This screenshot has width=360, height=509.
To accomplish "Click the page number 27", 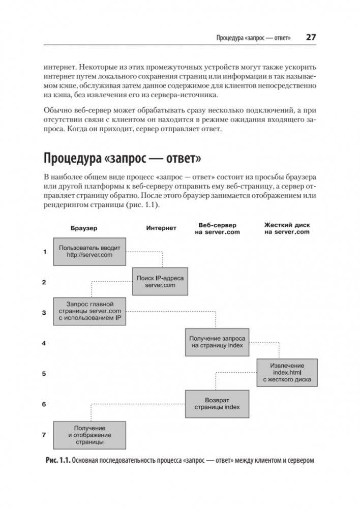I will [x=311, y=38].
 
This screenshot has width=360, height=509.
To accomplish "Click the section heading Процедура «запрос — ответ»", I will [x=123, y=159].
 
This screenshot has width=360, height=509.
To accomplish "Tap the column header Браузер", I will [x=84, y=228].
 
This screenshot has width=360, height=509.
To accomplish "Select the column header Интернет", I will [x=161, y=228].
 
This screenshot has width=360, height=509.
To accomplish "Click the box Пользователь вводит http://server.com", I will [x=89, y=251].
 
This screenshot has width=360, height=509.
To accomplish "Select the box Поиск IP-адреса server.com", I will [x=160, y=282].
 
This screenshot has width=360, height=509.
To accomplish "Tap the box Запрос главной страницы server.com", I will [x=89, y=311].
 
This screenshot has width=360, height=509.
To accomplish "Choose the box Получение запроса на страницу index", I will [x=218, y=342].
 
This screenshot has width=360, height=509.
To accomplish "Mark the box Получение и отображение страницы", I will [x=89, y=435].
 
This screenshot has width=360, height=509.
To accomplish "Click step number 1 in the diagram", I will [x=44, y=251].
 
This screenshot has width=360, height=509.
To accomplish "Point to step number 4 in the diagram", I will [x=44, y=343].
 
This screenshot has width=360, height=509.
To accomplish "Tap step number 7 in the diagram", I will [x=44, y=435].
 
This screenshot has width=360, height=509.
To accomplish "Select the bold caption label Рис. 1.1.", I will [x=57, y=462].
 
